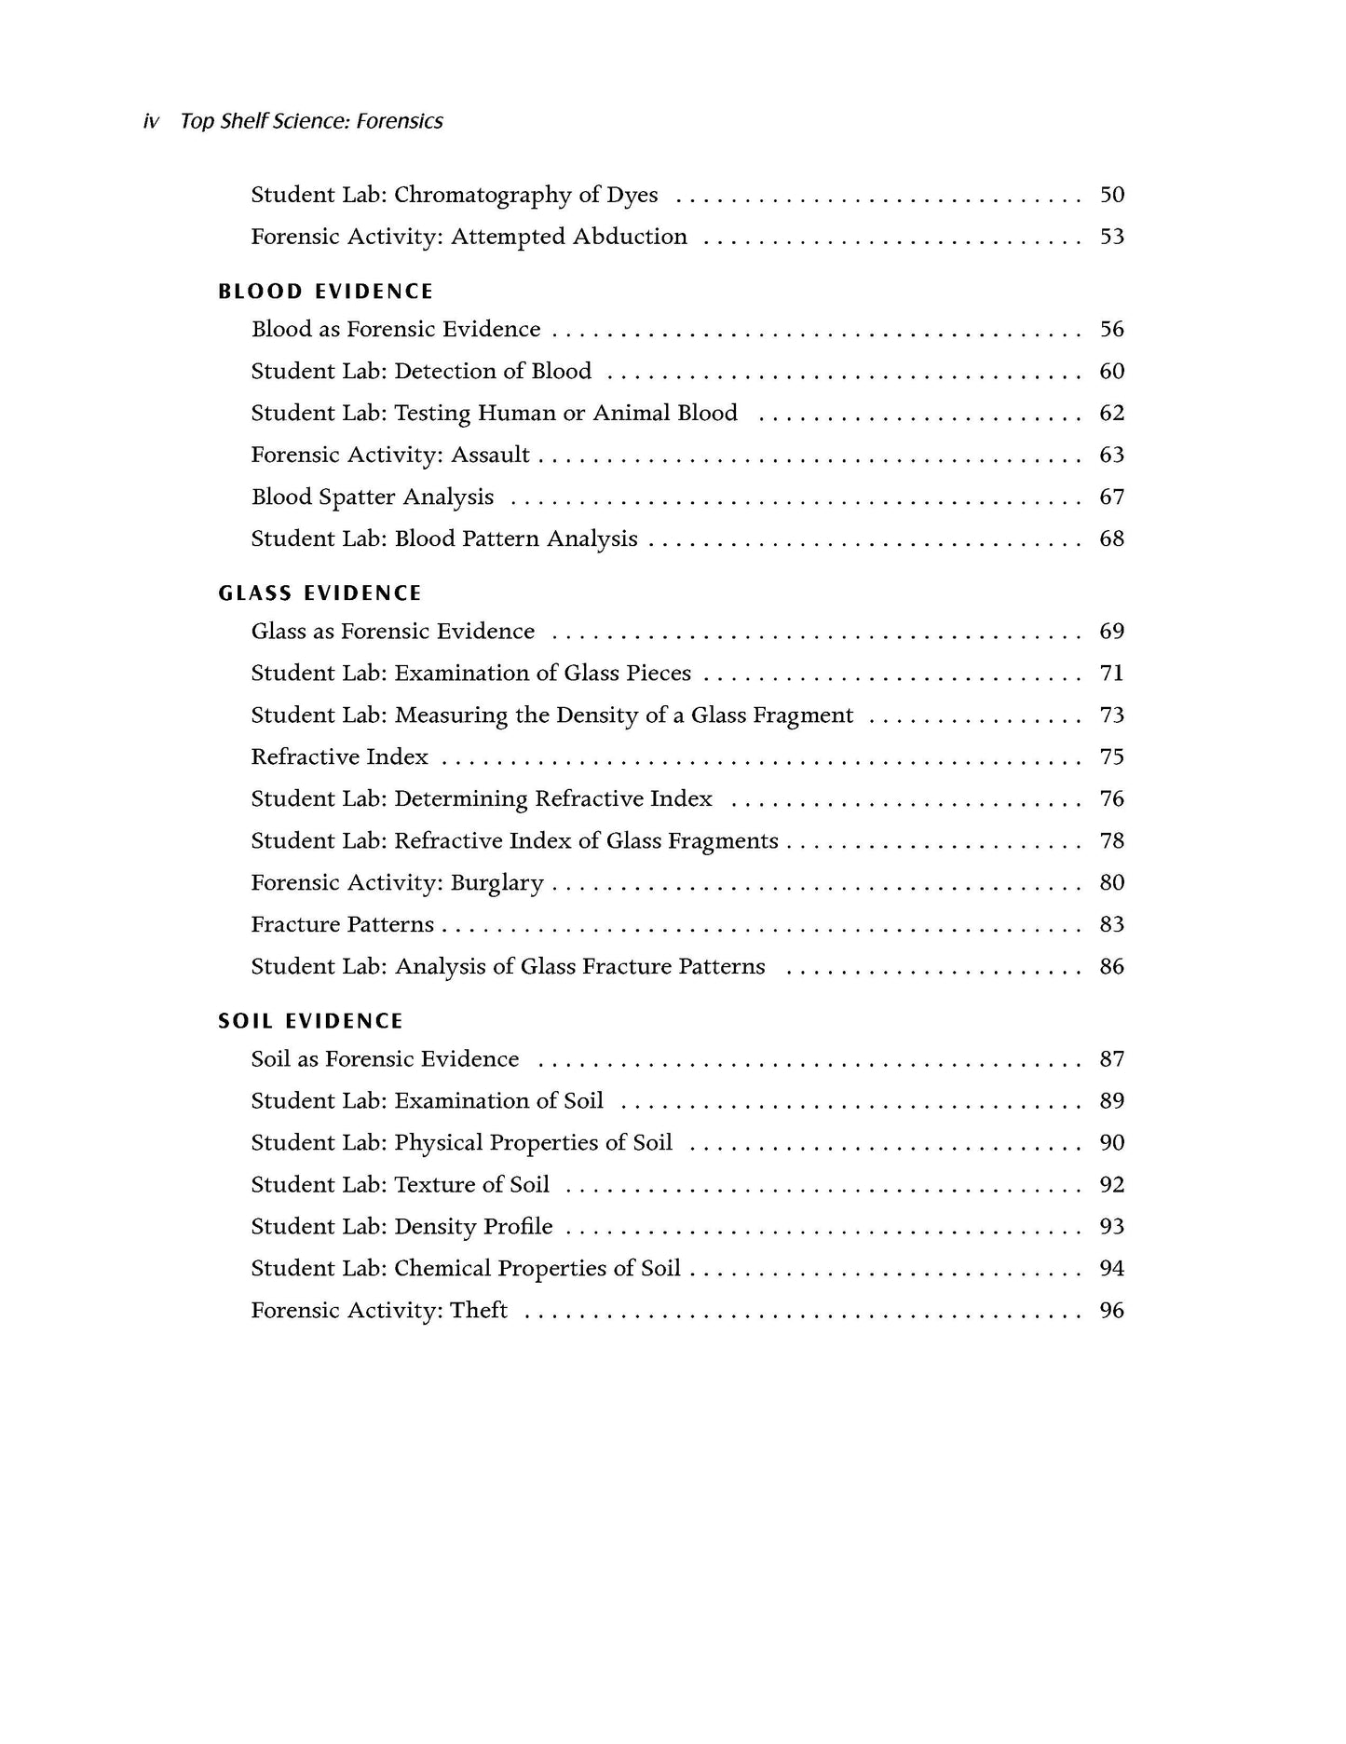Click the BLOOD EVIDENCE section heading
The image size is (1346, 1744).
pos(325,292)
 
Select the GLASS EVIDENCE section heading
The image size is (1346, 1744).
pos(320,593)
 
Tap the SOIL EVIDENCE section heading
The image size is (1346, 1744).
pos(310,1021)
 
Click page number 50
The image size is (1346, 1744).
pos(1111,195)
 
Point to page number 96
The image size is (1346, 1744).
pos(1111,1310)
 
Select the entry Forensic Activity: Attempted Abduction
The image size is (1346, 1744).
pos(469,237)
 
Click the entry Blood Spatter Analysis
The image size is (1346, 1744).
pos(373,497)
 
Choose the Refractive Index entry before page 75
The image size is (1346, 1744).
pos(339,756)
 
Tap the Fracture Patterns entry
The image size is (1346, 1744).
pos(342,924)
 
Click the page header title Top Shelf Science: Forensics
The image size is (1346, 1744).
pos(311,121)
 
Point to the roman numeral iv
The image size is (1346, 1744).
pos(151,121)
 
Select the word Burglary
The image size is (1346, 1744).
pos(496,883)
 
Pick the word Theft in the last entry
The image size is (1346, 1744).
pos(479,1310)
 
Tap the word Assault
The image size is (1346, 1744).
pos(490,455)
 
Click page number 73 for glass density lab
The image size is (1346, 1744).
pos(1111,715)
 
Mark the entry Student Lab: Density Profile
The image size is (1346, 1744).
pos(401,1226)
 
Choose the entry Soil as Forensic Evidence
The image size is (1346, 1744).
pos(385,1059)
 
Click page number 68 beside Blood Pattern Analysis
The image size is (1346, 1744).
pos(1111,538)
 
